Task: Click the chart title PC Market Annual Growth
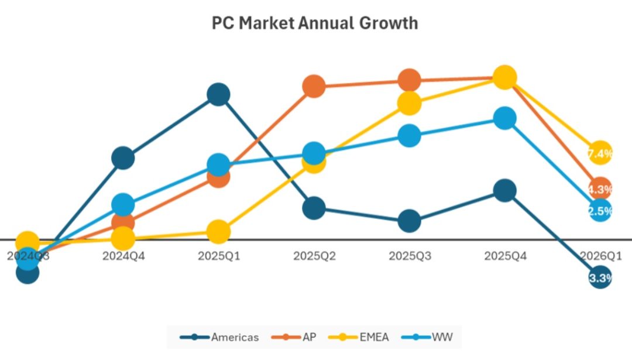click(x=315, y=23)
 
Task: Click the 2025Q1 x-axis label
click(x=218, y=256)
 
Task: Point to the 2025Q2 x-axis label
click(x=314, y=256)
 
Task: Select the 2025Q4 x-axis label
click(x=504, y=256)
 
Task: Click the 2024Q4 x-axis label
click(x=123, y=256)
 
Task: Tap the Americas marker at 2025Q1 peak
click(x=218, y=94)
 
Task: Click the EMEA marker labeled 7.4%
click(x=600, y=153)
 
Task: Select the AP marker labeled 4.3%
click(x=600, y=189)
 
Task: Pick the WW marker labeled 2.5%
click(x=600, y=211)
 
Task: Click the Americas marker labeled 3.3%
click(x=600, y=278)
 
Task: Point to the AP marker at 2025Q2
click(x=314, y=87)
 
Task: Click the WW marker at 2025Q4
click(x=504, y=118)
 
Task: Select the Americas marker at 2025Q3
click(x=409, y=221)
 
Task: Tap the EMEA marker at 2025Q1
click(x=218, y=232)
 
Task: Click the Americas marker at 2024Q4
click(x=123, y=157)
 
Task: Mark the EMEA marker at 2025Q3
click(x=409, y=102)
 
